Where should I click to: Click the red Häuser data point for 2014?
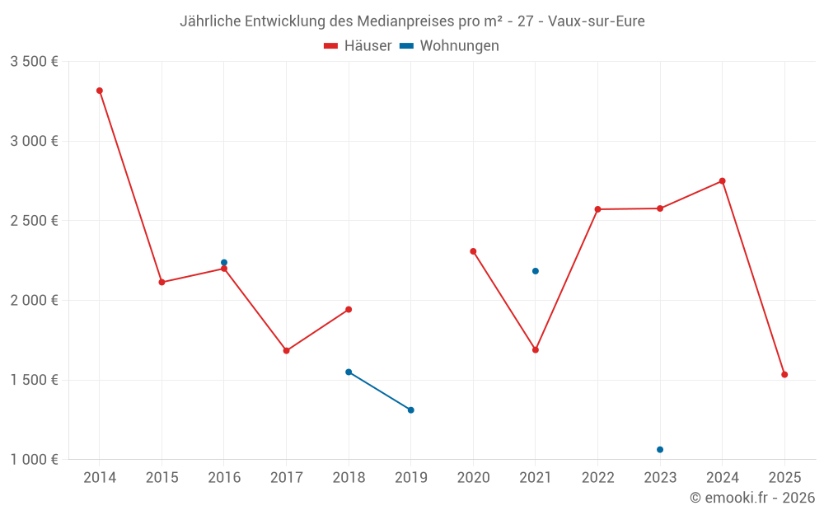click(x=100, y=91)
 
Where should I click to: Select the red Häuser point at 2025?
click(x=784, y=375)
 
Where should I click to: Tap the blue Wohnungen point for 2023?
click(x=660, y=450)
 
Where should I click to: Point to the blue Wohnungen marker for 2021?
click(x=536, y=271)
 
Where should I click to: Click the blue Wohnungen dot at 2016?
click(x=224, y=263)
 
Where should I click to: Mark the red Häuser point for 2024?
click(x=723, y=181)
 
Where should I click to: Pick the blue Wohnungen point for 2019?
click(x=411, y=410)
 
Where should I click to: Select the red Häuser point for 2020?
click(x=473, y=251)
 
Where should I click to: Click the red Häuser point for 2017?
click(x=287, y=351)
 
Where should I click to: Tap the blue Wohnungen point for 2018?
click(x=349, y=372)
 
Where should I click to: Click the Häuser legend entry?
click(x=358, y=46)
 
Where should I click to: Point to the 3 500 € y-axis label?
click(x=34, y=62)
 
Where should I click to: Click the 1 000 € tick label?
click(x=34, y=460)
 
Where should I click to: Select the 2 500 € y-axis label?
click(x=34, y=221)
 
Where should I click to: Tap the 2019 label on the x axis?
click(x=411, y=478)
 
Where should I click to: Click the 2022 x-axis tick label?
click(x=597, y=478)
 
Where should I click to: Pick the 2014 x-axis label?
click(x=100, y=478)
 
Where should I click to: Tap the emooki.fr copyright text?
click(x=752, y=498)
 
